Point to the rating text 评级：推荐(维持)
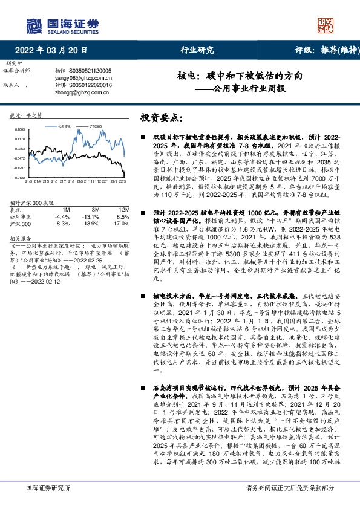(x=321, y=50)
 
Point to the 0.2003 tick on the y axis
(x=19, y=130)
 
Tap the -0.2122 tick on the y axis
(x=19, y=177)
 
